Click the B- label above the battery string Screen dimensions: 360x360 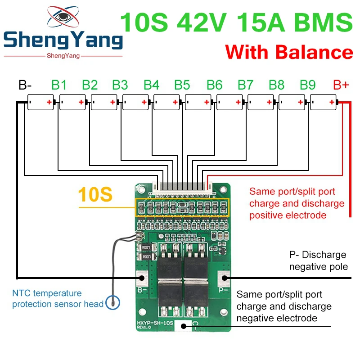pos(25,85)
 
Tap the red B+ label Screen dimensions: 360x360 pos(341,85)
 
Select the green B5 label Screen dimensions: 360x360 pos(182,85)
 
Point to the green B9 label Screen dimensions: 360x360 pos(308,85)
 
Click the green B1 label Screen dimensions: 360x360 pos(59,85)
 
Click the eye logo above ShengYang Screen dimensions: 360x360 pos(63,18)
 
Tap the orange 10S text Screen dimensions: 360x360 pos(94,195)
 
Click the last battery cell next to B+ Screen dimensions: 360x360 pos(323,103)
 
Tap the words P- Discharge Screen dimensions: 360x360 pos(318,255)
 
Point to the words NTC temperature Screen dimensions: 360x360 pos(47,293)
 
